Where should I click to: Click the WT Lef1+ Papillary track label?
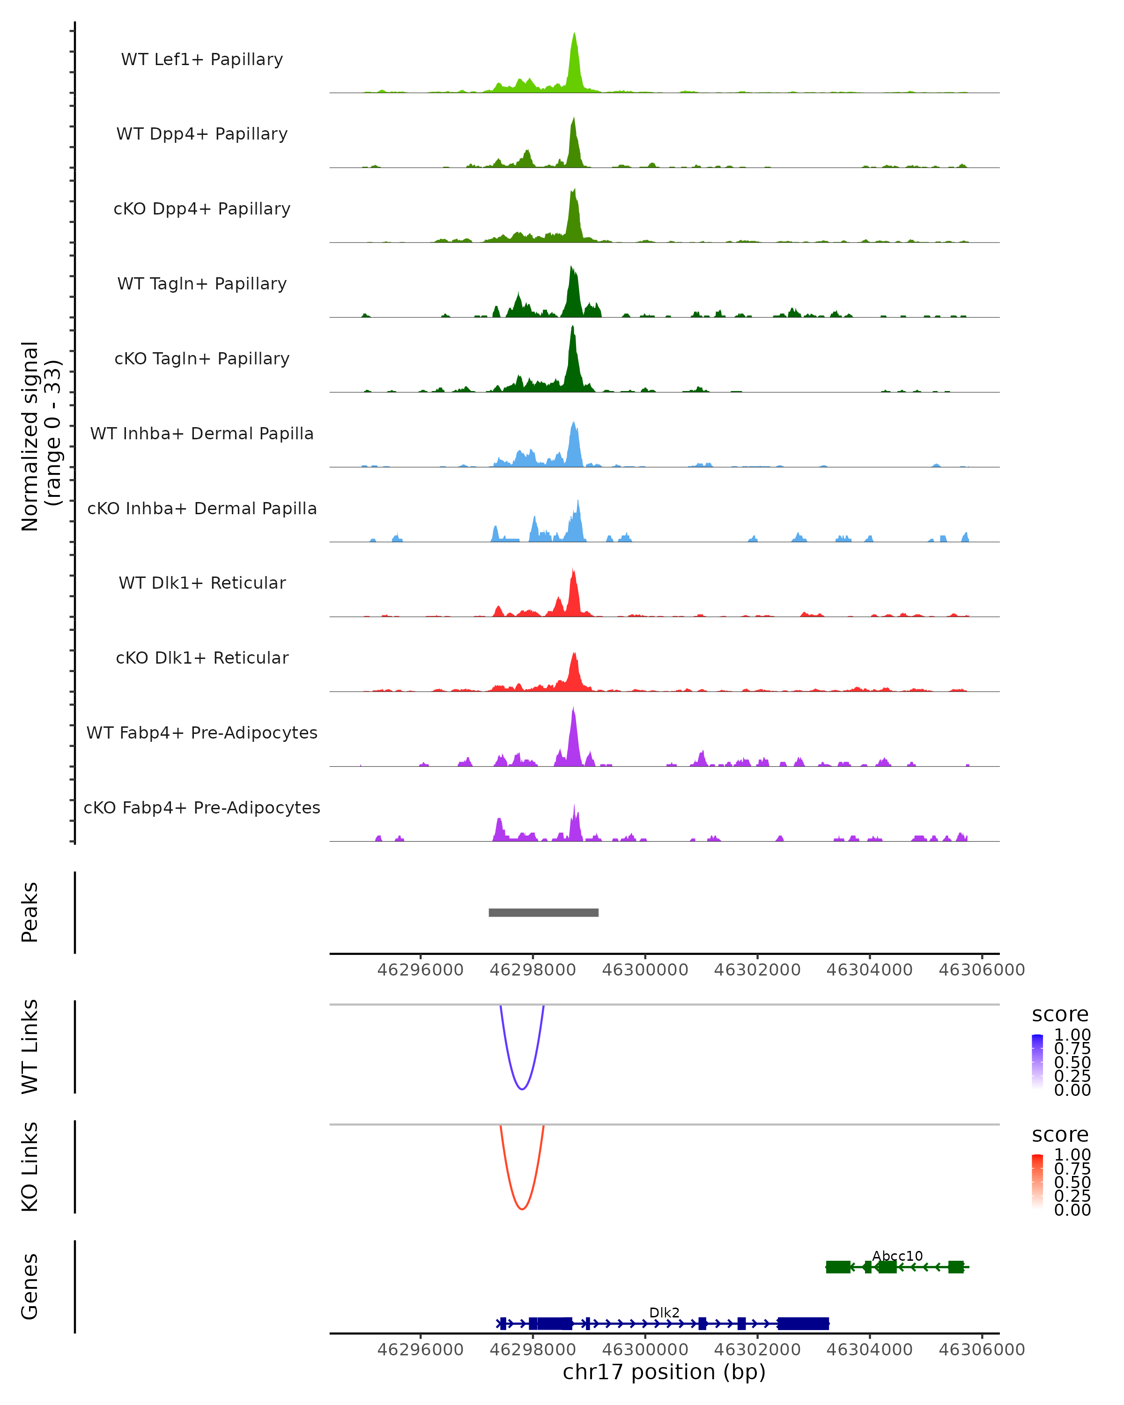click(202, 59)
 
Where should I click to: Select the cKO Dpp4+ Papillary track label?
click(202, 208)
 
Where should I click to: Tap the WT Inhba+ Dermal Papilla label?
click(202, 433)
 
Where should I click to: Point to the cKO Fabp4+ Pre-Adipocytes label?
click(202, 807)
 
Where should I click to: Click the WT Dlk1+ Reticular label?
click(202, 583)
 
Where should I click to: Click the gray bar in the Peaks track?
click(543, 912)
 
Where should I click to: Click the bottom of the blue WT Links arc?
click(522, 1088)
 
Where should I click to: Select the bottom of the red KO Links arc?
click(522, 1209)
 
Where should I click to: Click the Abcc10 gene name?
click(897, 1256)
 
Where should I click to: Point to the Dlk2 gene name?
click(664, 1312)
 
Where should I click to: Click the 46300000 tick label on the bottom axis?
click(645, 1349)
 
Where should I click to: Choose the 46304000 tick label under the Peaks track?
click(869, 970)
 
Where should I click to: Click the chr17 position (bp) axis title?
click(664, 1372)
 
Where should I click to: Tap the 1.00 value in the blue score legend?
click(1072, 1035)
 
